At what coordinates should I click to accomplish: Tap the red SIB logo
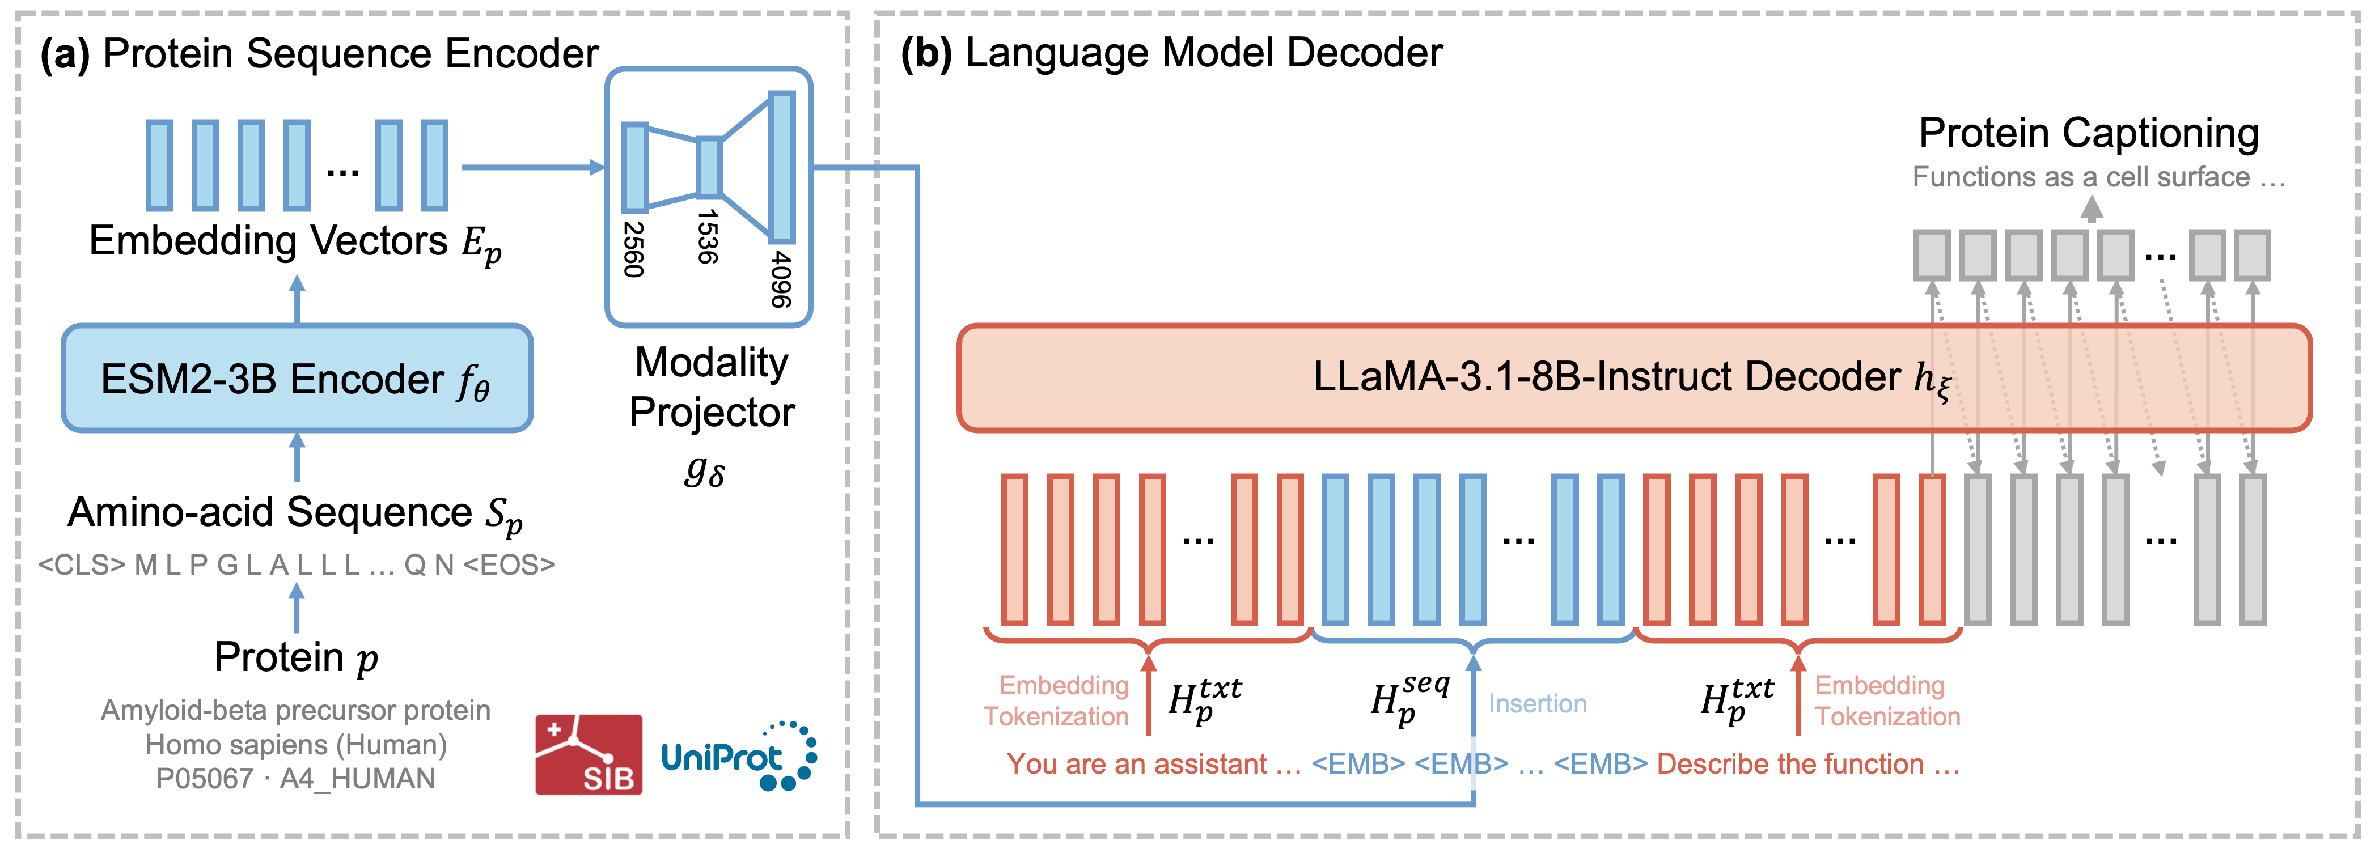588,754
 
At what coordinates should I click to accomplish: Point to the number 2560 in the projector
633,249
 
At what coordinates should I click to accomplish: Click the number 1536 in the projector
707,237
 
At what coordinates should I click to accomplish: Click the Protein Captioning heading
2088,134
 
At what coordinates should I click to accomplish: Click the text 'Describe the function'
1789,764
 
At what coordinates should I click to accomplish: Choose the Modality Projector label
711,387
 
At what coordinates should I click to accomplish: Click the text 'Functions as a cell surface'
2081,177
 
